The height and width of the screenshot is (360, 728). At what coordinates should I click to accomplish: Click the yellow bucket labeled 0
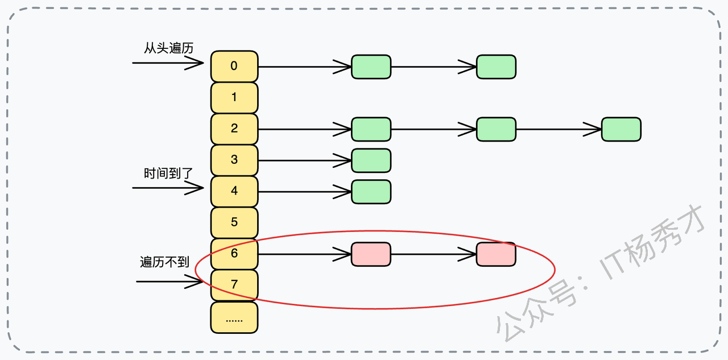[x=234, y=66]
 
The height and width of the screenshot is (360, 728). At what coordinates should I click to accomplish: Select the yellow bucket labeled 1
[x=234, y=97]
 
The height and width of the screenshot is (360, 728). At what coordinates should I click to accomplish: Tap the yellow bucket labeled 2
[x=234, y=129]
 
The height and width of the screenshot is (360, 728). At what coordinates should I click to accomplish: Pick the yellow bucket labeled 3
[x=234, y=160]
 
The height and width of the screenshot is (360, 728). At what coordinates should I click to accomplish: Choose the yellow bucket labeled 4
[x=234, y=191]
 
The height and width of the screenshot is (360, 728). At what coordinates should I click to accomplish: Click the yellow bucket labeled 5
[x=234, y=222]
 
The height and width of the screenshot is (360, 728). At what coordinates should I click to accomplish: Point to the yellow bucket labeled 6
[x=234, y=254]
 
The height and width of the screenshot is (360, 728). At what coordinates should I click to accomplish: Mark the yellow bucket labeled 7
[x=234, y=285]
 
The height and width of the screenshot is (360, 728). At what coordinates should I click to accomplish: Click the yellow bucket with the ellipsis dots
[x=234, y=317]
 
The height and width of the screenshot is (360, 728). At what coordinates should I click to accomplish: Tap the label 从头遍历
[x=168, y=48]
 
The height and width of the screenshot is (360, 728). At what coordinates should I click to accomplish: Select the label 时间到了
[x=168, y=173]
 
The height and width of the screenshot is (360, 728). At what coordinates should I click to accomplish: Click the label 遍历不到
[x=164, y=262]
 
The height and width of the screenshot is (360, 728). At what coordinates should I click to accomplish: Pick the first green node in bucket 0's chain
[x=371, y=67]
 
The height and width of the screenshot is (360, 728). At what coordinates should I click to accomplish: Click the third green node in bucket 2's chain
[x=621, y=129]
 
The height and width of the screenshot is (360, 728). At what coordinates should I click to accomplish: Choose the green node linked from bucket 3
[x=371, y=160]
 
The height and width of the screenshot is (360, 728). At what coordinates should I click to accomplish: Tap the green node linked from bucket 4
[x=371, y=192]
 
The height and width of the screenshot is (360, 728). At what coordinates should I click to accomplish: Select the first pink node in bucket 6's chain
[x=371, y=254]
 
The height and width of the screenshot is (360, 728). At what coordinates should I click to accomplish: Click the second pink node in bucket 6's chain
[x=496, y=254]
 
